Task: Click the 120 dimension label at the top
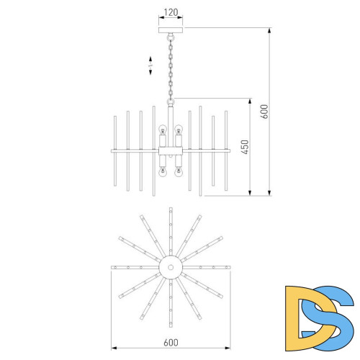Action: pos(171,12)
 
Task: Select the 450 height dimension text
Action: pos(245,147)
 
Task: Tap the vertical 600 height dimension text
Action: pos(264,112)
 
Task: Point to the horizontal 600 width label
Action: pos(171,343)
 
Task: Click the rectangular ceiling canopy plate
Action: pos(171,30)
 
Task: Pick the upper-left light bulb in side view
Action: pos(163,130)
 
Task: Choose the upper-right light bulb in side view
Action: pos(178,130)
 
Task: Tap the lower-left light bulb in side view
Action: pos(163,172)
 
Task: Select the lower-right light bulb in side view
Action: pos(178,172)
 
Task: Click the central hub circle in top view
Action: pos(171,267)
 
